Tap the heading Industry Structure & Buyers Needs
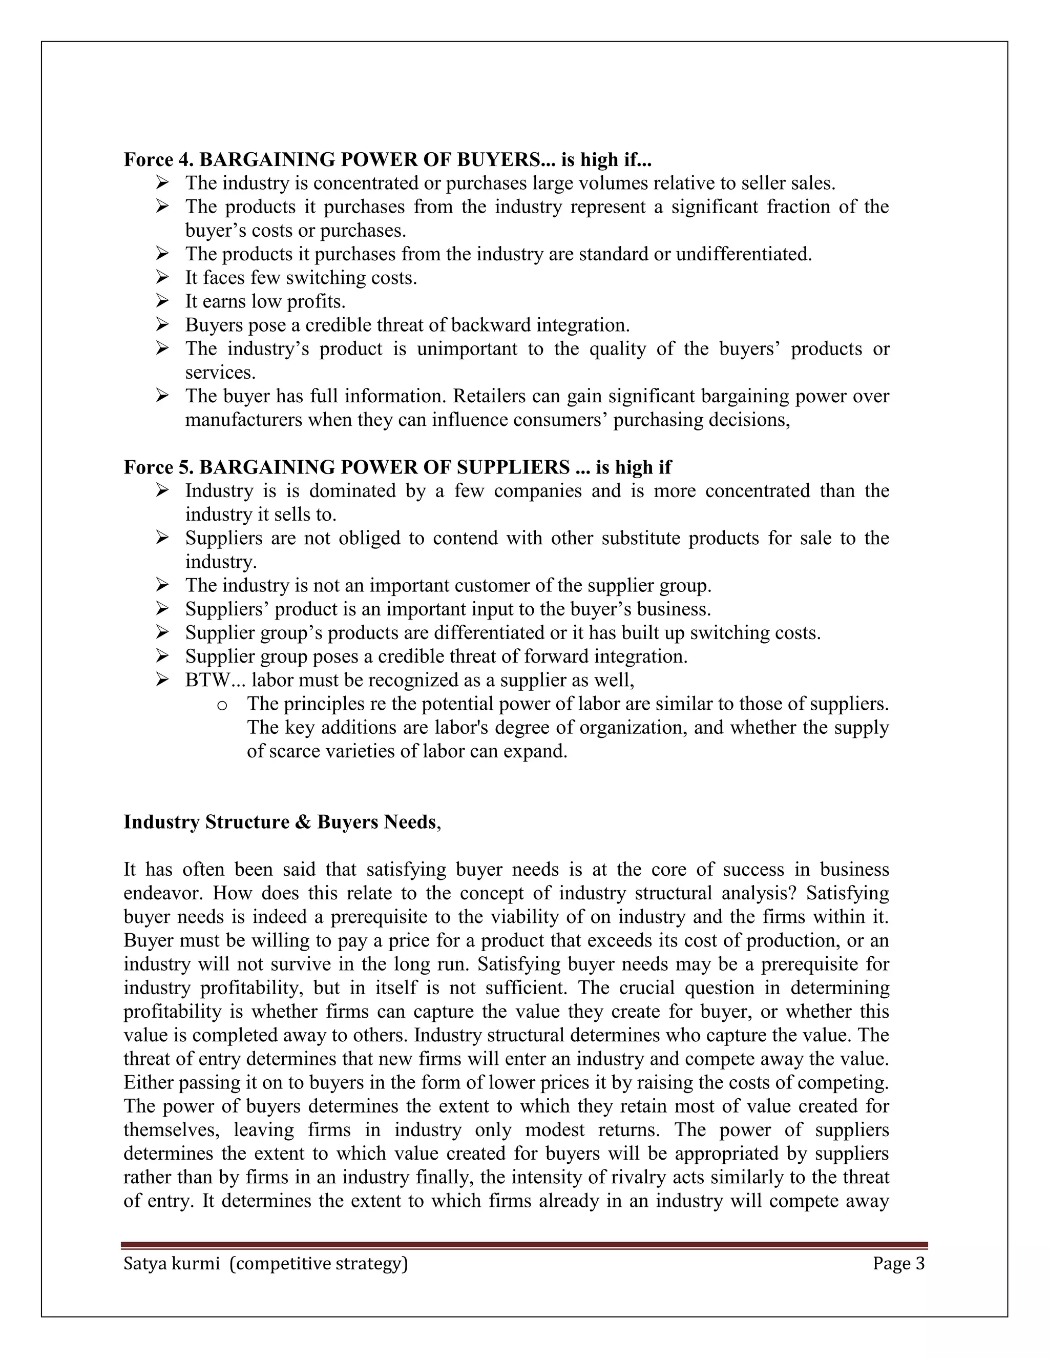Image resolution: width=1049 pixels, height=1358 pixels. (x=280, y=822)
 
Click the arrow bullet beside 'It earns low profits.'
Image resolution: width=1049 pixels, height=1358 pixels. (x=162, y=301)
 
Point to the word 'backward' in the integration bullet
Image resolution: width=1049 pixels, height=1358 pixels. (x=491, y=325)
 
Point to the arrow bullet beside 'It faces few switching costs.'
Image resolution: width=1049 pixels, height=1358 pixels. (x=162, y=278)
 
